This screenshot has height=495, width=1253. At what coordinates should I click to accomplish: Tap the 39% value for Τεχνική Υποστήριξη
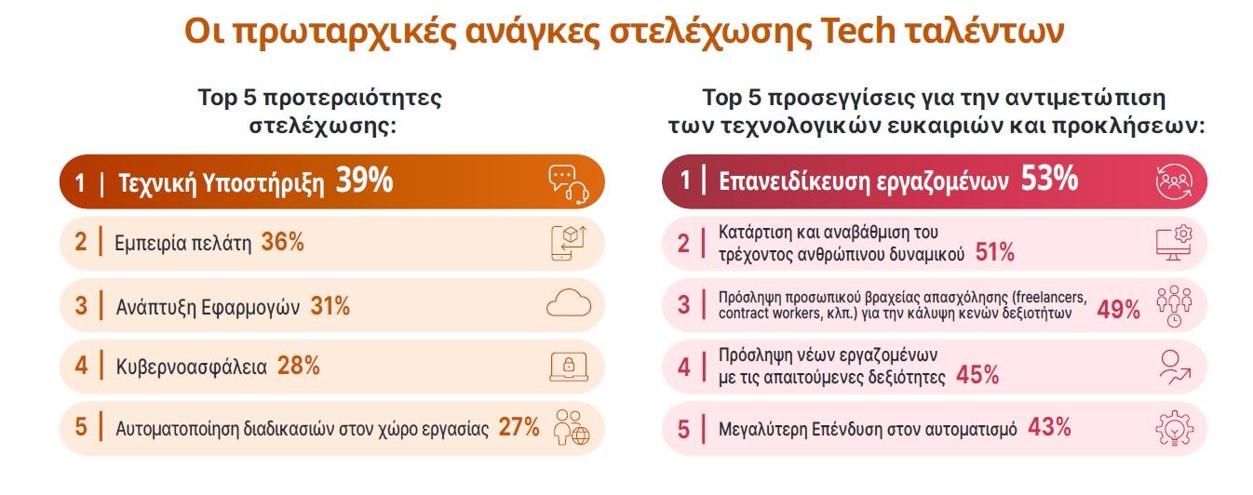pyautogui.click(x=364, y=181)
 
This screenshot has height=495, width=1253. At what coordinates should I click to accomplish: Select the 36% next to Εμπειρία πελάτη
pyautogui.click(x=282, y=242)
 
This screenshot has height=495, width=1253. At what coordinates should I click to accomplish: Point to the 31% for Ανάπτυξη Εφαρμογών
pyautogui.click(x=330, y=306)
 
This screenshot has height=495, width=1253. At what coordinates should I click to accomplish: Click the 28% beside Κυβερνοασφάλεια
pyautogui.click(x=298, y=366)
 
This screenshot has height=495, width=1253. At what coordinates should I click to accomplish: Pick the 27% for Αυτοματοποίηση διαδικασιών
pyautogui.click(x=519, y=427)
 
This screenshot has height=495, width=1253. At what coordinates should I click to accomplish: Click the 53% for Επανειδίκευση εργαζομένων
pyautogui.click(x=1049, y=179)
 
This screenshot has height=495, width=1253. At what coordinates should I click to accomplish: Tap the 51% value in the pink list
pyautogui.click(x=994, y=252)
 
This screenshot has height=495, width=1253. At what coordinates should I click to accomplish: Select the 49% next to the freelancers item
pyautogui.click(x=1118, y=309)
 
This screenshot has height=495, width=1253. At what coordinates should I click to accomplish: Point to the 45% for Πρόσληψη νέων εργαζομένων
pyautogui.click(x=977, y=375)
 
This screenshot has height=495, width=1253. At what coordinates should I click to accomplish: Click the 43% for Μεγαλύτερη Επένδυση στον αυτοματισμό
pyautogui.click(x=1049, y=427)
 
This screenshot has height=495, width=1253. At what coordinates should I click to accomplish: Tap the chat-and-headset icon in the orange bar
pyautogui.click(x=569, y=184)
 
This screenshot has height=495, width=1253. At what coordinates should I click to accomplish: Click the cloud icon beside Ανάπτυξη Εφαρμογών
pyautogui.click(x=569, y=303)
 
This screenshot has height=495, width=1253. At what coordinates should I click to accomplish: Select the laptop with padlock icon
pyautogui.click(x=569, y=367)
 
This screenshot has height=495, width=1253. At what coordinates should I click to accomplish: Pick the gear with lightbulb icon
pyautogui.click(x=1174, y=428)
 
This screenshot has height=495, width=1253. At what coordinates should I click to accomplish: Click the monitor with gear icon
pyautogui.click(x=1174, y=243)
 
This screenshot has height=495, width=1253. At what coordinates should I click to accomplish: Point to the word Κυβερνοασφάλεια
pyautogui.click(x=192, y=367)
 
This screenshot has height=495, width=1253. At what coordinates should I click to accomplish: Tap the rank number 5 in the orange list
pyautogui.click(x=81, y=427)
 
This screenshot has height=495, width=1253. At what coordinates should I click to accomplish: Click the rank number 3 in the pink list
pyautogui.click(x=683, y=305)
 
